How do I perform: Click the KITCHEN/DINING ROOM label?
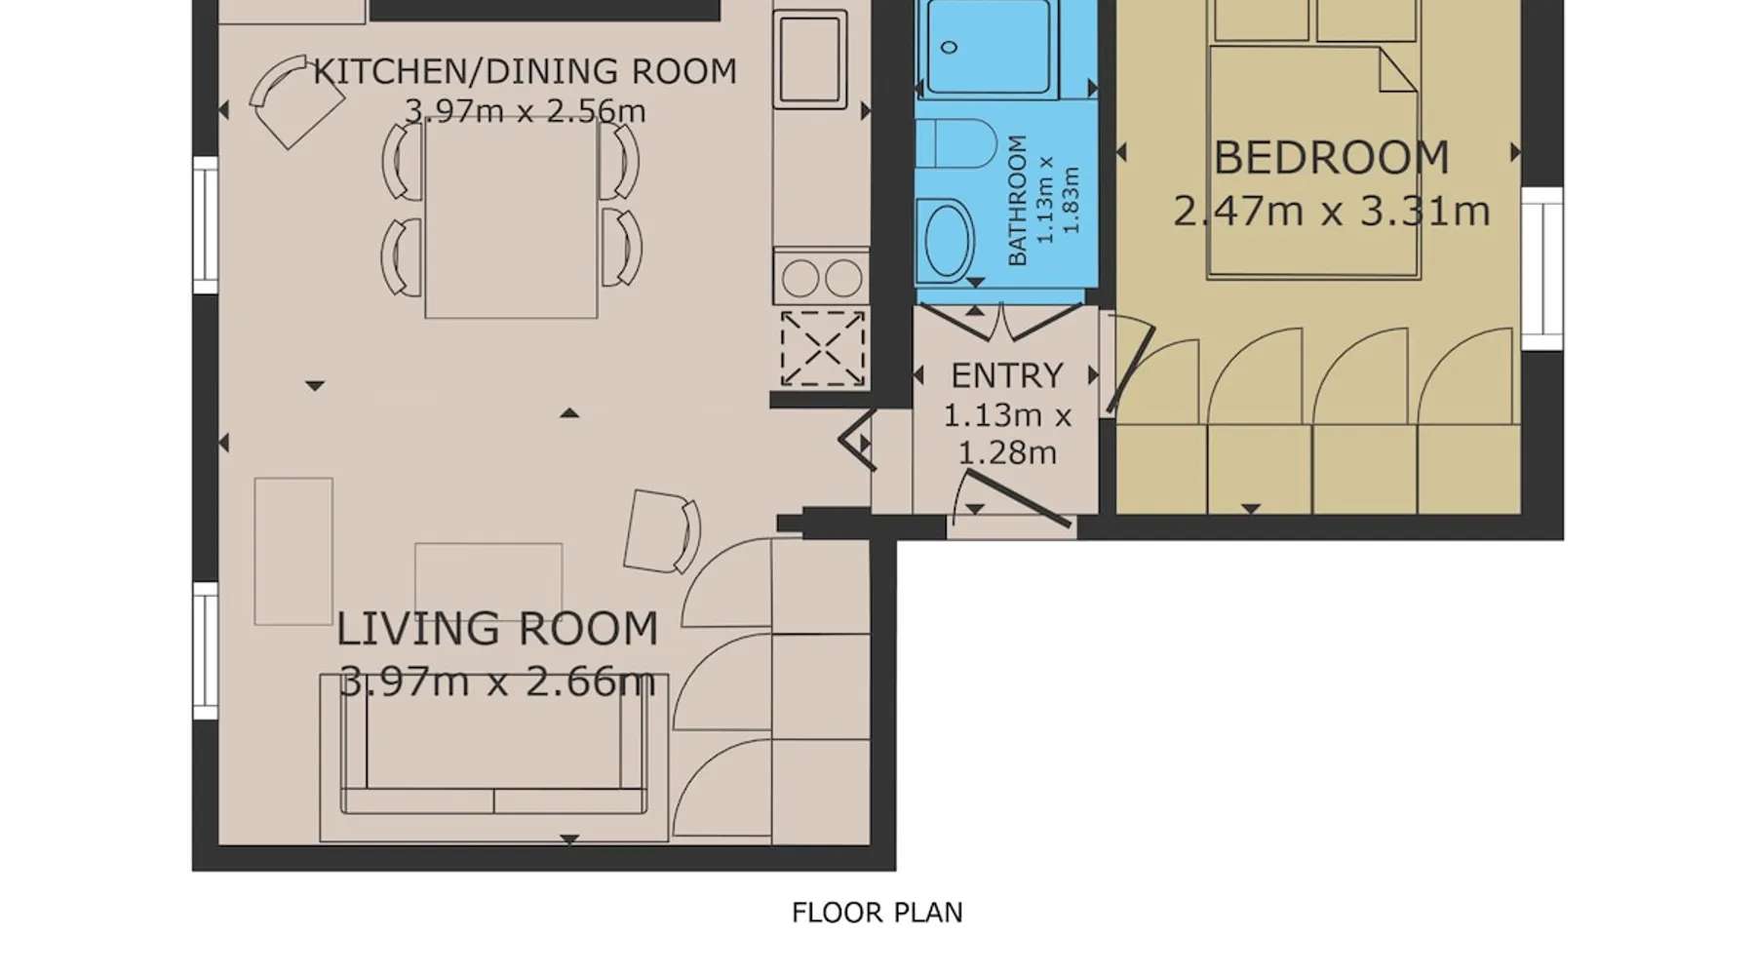pyautogui.click(x=525, y=71)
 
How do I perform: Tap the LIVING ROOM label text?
pyautogui.click(x=497, y=629)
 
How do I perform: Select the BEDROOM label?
pyautogui.click(x=1332, y=158)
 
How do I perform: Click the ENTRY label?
pyautogui.click(x=1006, y=375)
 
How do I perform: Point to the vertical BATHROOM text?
pyautogui.click(x=1017, y=200)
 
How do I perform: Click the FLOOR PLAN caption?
pyautogui.click(x=877, y=913)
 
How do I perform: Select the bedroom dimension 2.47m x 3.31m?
pyautogui.click(x=1332, y=211)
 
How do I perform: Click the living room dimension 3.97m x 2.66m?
pyautogui.click(x=497, y=681)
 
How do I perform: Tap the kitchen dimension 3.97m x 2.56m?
pyautogui.click(x=525, y=111)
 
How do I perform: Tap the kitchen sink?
pyautogui.click(x=809, y=58)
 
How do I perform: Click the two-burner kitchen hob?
pyautogui.click(x=821, y=279)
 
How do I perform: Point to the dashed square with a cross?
pyautogui.click(x=822, y=348)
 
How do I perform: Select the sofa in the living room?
pyautogui.click(x=494, y=757)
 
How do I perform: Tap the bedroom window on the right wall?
pyautogui.click(x=1541, y=268)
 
